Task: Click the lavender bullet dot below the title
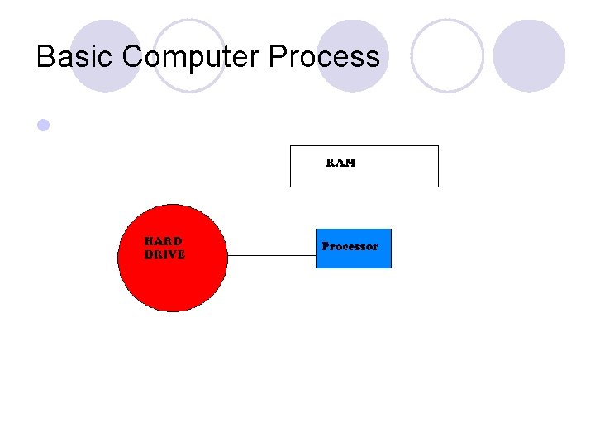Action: (x=44, y=126)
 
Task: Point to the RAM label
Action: (x=340, y=163)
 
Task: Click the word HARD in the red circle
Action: (x=164, y=241)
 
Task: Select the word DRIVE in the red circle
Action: (x=164, y=254)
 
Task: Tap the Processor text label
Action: (x=350, y=246)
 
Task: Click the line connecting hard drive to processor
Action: (x=271, y=255)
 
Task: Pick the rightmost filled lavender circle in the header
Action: (x=529, y=55)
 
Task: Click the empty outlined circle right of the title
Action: (x=446, y=55)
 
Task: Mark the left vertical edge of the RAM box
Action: (x=290, y=166)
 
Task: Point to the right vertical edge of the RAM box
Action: (x=438, y=166)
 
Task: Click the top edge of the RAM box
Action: (x=364, y=146)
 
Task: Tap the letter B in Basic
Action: (x=45, y=57)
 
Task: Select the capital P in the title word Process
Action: (x=278, y=57)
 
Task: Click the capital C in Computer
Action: (x=133, y=57)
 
